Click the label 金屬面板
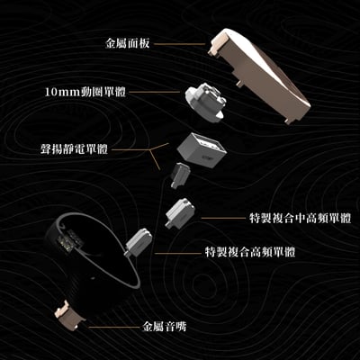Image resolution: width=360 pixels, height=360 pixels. pos(135,41)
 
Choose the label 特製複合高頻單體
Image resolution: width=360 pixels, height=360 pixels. pos(253,250)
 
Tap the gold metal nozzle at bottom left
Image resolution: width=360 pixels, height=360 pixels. pos(69,315)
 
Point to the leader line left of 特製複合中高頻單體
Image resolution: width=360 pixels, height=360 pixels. pos(220,217)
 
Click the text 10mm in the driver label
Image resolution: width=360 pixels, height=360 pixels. pos(60,91)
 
